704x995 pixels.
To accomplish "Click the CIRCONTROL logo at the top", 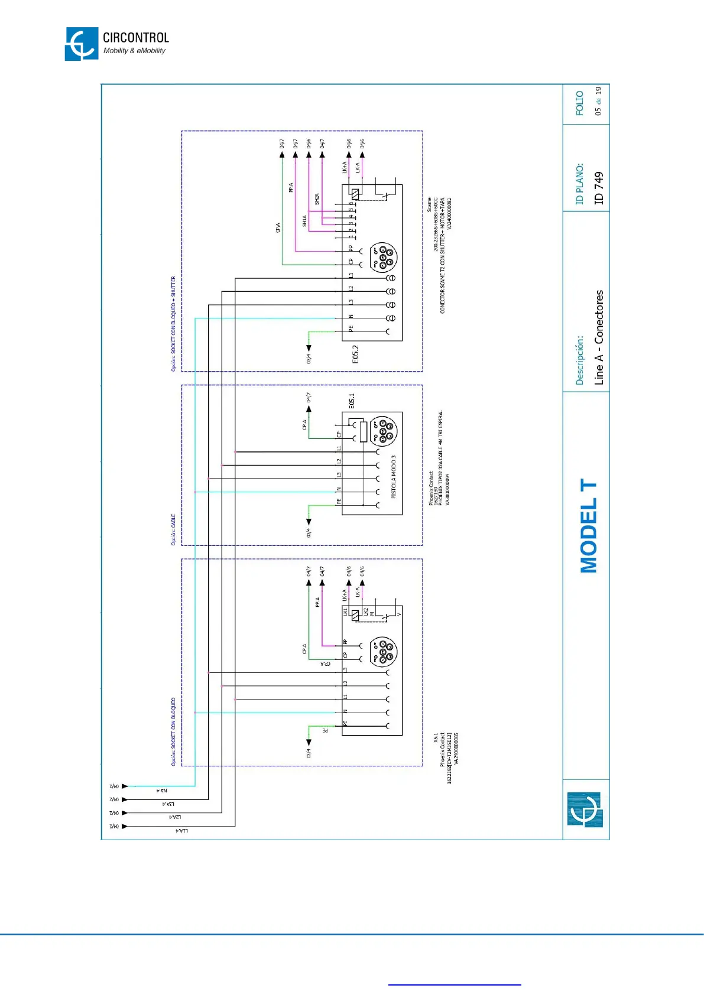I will click(x=116, y=44).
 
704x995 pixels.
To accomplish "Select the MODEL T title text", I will click(x=589, y=526).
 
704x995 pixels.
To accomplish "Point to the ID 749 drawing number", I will click(x=599, y=188).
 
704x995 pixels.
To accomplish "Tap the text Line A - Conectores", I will click(x=599, y=337).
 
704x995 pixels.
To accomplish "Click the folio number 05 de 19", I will click(x=598, y=101).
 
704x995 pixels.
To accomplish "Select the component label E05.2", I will click(x=355, y=355).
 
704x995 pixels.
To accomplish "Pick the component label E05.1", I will click(x=352, y=401).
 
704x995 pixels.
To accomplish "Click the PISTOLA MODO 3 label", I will click(x=394, y=476).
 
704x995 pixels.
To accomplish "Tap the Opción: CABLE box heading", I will click(x=173, y=529).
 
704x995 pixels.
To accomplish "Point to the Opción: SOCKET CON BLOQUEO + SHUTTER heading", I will click(x=173, y=323).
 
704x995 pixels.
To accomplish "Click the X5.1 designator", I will click(x=436, y=738).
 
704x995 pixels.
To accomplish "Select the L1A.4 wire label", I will click(x=181, y=831).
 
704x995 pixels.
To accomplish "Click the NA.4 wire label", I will click(x=161, y=791).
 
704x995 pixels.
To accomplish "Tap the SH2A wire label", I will click(x=317, y=199).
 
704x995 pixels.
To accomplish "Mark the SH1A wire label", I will click(x=304, y=221).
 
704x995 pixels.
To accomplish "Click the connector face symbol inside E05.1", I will click(x=383, y=430).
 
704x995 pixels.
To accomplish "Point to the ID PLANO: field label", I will click(x=580, y=184).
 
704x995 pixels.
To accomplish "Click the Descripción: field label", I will click(x=580, y=360).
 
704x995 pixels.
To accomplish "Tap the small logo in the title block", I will click(x=585, y=809).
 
